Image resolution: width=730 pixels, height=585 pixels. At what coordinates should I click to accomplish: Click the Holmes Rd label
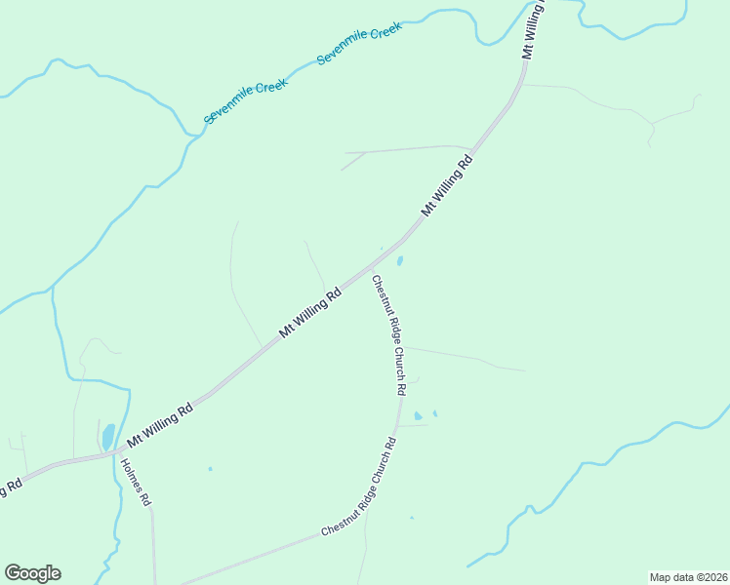click(x=137, y=481)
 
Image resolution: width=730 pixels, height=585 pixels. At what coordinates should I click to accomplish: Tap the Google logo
click(x=32, y=573)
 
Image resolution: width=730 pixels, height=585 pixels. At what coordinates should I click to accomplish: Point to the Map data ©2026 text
click(x=687, y=577)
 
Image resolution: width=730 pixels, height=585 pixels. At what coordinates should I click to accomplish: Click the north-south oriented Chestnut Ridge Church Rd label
click(x=387, y=333)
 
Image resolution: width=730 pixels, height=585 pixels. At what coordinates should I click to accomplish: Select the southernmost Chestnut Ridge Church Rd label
click(x=359, y=487)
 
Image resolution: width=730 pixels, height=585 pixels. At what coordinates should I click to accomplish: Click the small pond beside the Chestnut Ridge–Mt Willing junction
click(x=399, y=261)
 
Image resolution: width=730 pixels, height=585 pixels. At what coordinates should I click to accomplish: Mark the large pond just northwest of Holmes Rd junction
click(x=108, y=436)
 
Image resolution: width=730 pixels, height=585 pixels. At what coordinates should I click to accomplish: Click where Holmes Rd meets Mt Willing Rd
click(x=118, y=454)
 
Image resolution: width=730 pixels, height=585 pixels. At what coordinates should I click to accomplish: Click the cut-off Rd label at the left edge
click(x=10, y=487)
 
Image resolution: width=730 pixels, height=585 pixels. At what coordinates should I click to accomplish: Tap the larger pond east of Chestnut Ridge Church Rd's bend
click(x=419, y=416)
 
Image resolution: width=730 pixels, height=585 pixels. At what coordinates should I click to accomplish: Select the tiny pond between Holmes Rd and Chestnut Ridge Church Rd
click(x=210, y=469)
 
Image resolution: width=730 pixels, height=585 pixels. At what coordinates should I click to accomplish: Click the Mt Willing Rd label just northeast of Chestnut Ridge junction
click(x=447, y=184)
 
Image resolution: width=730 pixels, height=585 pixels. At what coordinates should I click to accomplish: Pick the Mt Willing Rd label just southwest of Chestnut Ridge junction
click(x=309, y=311)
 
